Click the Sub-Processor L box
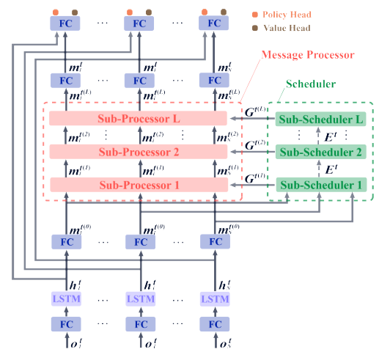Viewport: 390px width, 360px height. click(x=139, y=118)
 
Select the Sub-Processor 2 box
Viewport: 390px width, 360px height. click(x=139, y=152)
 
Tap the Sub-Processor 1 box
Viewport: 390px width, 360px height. click(x=139, y=185)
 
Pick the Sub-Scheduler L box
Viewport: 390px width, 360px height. click(x=319, y=118)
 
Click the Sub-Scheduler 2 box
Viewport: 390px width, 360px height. click(x=319, y=152)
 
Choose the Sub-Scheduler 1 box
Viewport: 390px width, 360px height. click(x=319, y=185)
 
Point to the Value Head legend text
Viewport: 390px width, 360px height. click(x=281, y=29)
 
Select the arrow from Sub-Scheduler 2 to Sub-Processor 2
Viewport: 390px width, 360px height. click(x=250, y=152)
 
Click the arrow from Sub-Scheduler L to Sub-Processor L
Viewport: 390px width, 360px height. click(x=250, y=118)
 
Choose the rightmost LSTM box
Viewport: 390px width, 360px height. click(x=215, y=299)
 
